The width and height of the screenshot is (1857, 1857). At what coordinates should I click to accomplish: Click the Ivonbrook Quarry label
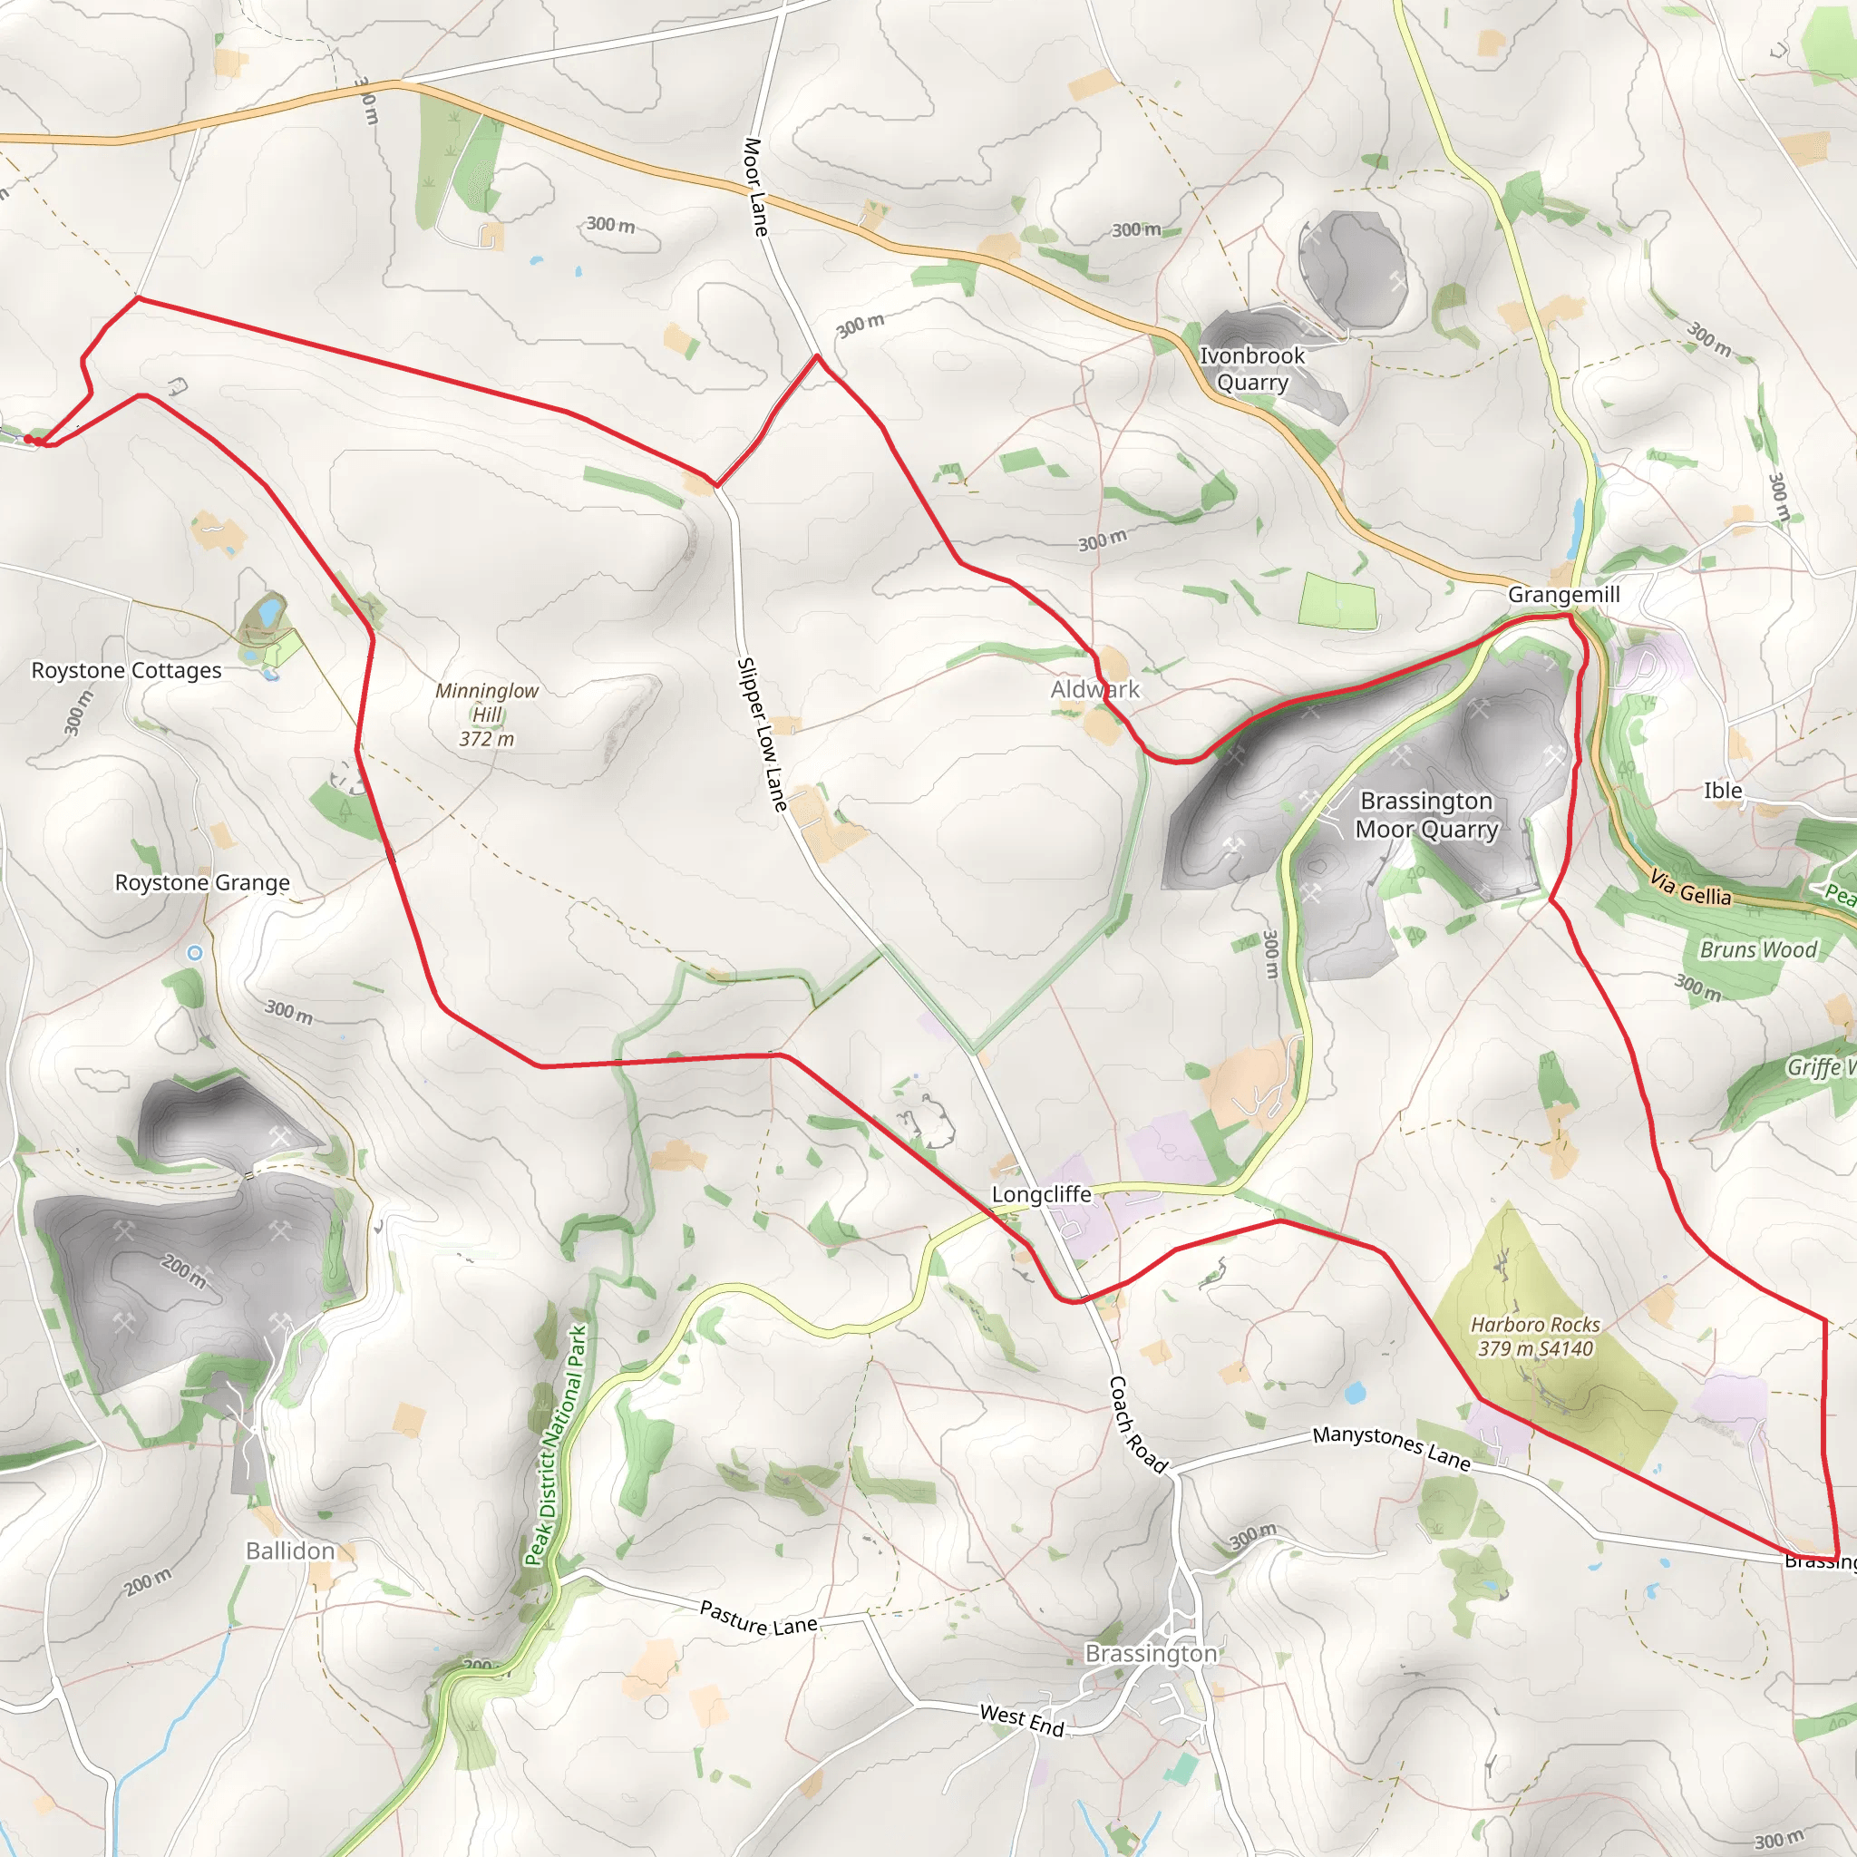(x=1251, y=369)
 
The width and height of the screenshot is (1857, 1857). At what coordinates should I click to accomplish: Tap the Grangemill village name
(x=1564, y=595)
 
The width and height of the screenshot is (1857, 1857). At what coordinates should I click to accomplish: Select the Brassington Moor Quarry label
(x=1426, y=815)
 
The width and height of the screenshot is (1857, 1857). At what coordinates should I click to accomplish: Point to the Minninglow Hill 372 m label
(x=486, y=715)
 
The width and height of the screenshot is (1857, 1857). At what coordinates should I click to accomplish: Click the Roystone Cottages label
(x=126, y=671)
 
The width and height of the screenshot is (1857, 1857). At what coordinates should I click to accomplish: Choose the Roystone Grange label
(x=202, y=882)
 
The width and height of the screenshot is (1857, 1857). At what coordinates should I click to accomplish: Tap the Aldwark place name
(x=1094, y=689)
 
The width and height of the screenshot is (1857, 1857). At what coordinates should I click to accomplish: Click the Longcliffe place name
(x=1042, y=1194)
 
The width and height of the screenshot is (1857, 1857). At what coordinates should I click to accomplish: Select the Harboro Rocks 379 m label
(x=1535, y=1336)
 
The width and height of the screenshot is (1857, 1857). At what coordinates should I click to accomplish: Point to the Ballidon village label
(x=290, y=1551)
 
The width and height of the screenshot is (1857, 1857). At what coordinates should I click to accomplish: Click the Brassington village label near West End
(x=1151, y=1653)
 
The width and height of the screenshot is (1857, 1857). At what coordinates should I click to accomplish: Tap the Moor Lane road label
(x=756, y=188)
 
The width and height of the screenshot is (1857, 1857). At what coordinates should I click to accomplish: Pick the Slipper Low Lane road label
(x=762, y=734)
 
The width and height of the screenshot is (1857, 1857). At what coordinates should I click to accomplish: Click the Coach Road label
(x=1138, y=1424)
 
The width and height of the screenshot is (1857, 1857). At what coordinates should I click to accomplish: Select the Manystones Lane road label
(x=1392, y=1447)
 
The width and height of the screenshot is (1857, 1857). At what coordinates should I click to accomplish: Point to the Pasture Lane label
(x=758, y=1618)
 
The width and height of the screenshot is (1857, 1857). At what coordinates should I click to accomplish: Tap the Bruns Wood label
(x=1758, y=949)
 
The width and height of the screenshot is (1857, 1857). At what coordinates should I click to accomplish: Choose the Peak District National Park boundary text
(x=556, y=1445)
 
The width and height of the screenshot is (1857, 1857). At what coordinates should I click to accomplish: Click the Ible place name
(x=1723, y=790)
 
